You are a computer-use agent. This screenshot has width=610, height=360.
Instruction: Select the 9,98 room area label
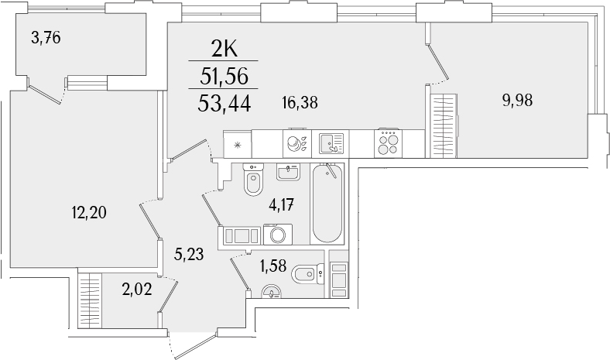[518, 99]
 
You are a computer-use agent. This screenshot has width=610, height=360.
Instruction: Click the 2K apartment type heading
[224, 49]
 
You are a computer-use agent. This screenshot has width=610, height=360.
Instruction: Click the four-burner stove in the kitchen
[388, 143]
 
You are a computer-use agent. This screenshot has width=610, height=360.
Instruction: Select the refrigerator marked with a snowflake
[238, 143]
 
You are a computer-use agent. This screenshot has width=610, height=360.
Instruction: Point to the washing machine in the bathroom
[276, 235]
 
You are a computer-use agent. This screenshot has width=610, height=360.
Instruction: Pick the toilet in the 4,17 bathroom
[253, 183]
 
